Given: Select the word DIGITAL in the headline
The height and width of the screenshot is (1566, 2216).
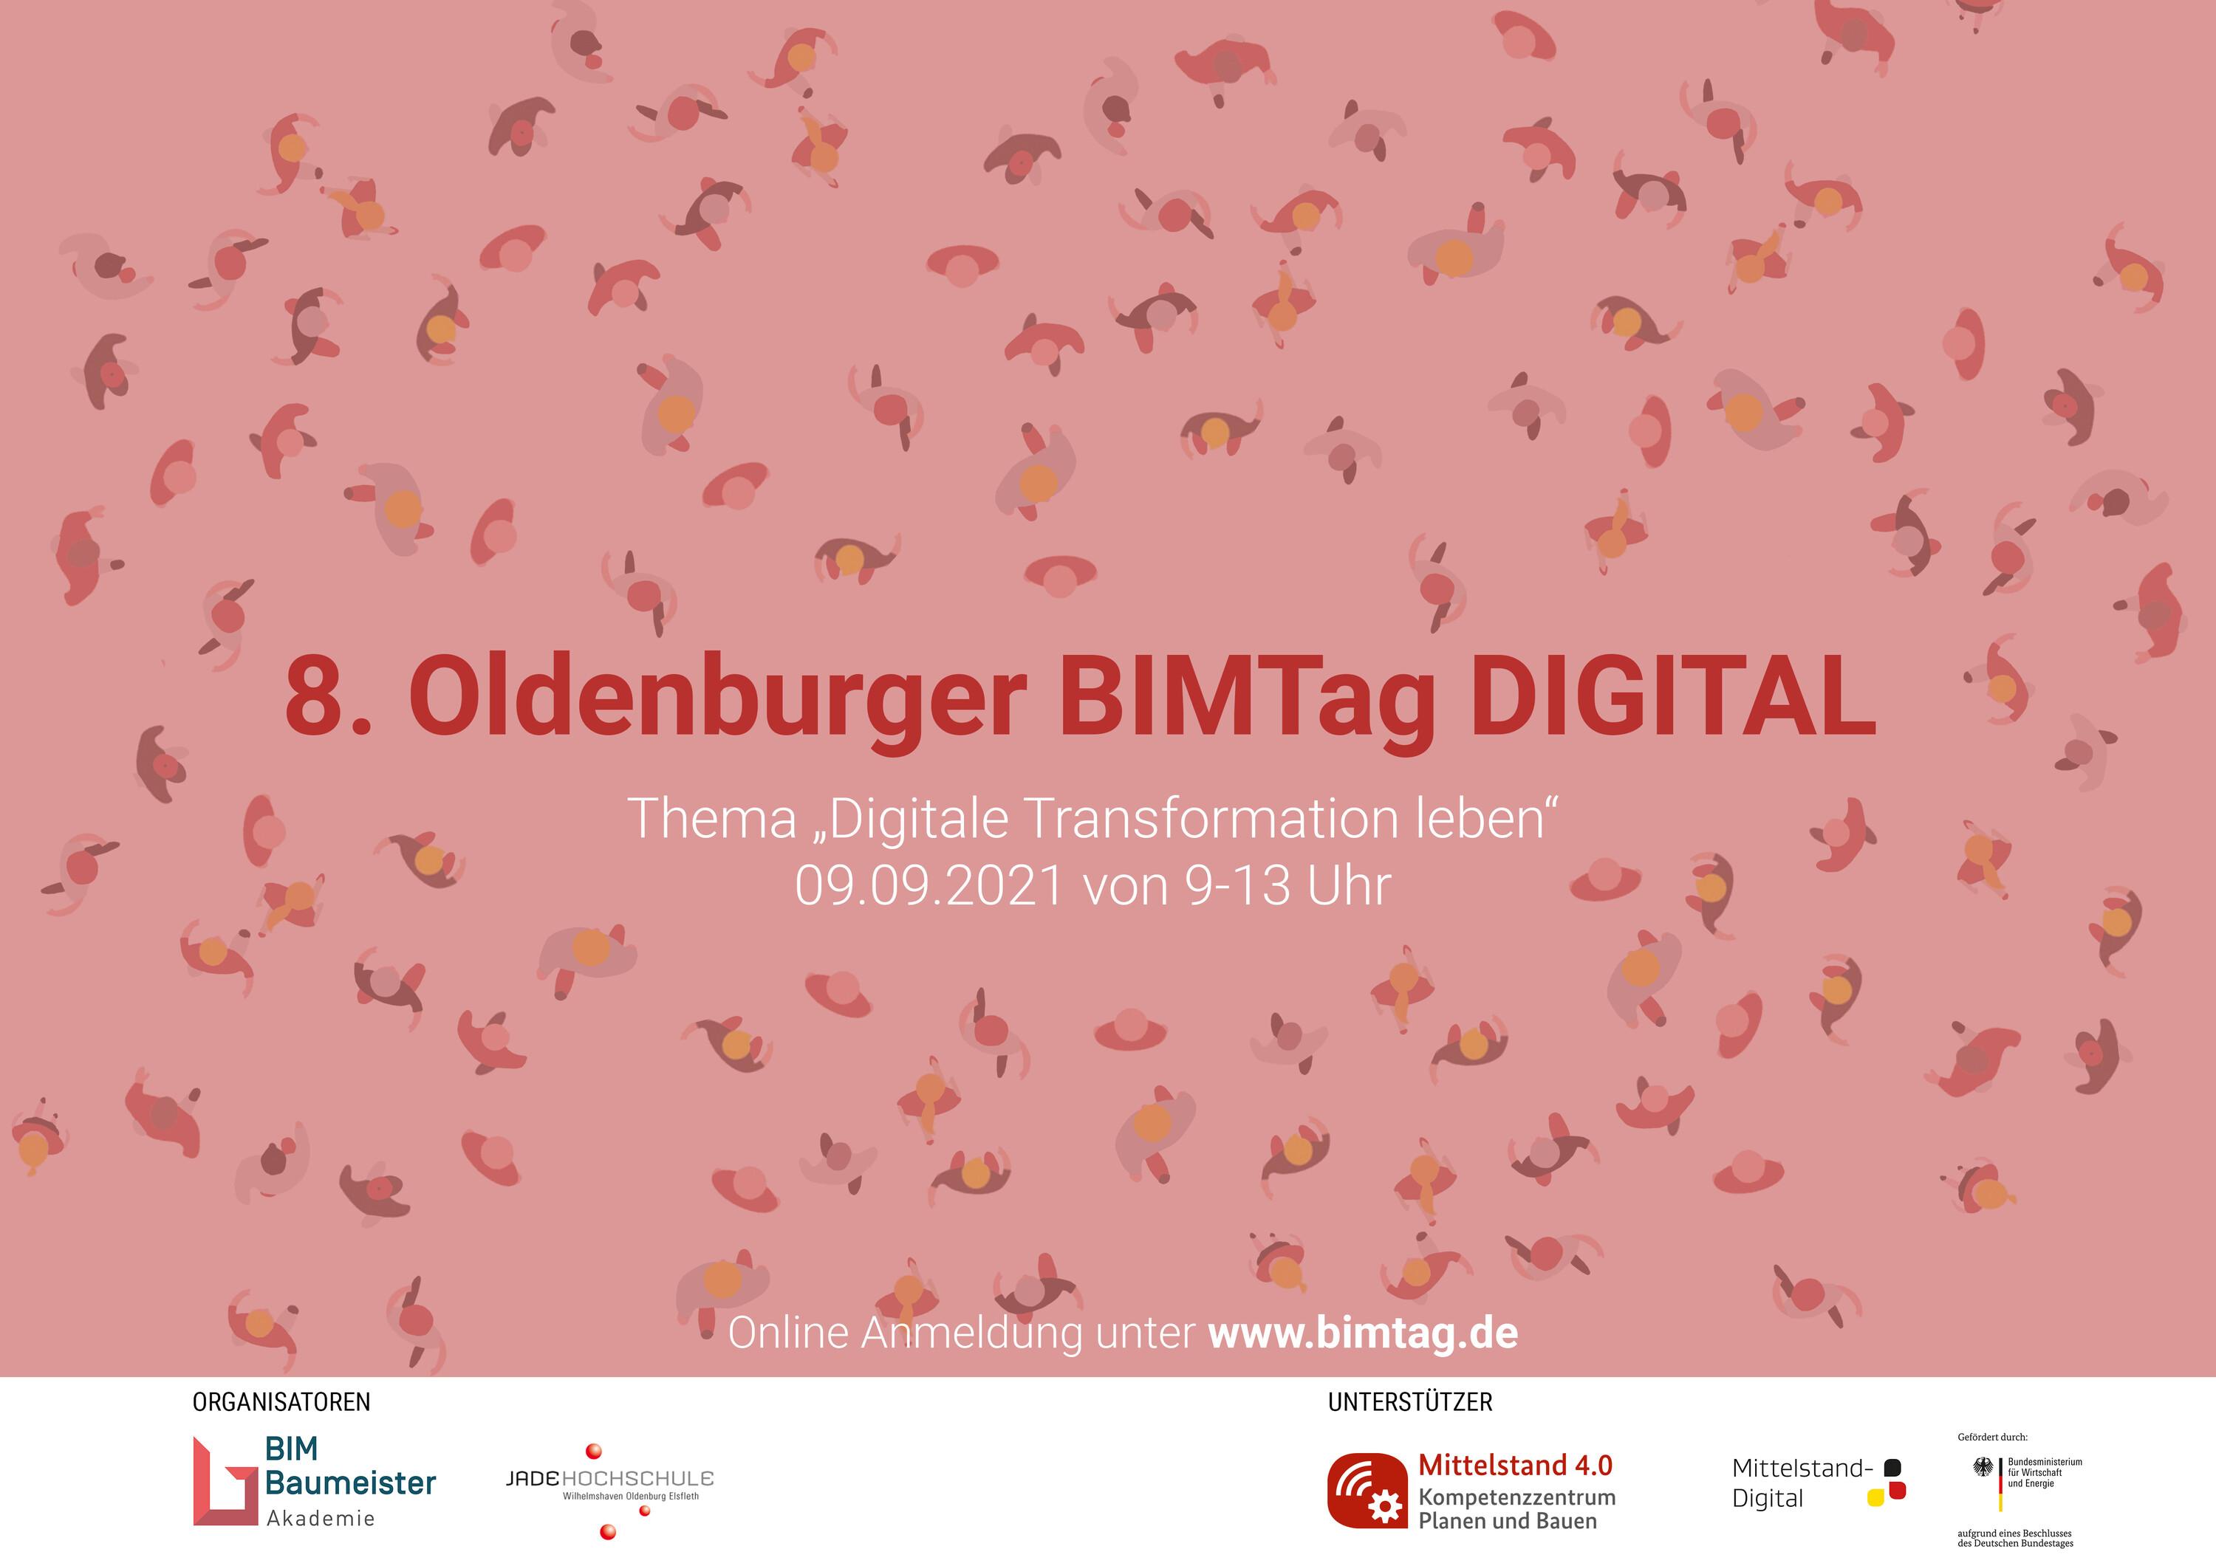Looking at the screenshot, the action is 1672,695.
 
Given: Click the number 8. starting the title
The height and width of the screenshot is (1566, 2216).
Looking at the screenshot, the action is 328,696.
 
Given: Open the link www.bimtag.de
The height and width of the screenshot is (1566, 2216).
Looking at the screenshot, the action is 1363,1333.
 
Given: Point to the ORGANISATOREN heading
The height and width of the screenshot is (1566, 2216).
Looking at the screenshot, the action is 282,1402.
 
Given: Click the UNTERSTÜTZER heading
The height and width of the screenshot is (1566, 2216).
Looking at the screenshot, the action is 1410,1402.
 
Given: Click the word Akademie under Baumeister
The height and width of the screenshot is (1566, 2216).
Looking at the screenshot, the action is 321,1519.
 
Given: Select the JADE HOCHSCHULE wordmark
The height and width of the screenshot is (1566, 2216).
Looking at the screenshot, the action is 610,1478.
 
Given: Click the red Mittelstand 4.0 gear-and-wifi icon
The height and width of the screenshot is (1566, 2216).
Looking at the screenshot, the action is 1367,1491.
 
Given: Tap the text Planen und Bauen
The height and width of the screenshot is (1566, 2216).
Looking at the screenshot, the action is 1508,1522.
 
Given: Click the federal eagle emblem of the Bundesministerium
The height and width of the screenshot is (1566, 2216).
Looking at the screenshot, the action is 1983,1468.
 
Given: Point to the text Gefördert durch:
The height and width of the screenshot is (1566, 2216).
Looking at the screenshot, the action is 1992,1437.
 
